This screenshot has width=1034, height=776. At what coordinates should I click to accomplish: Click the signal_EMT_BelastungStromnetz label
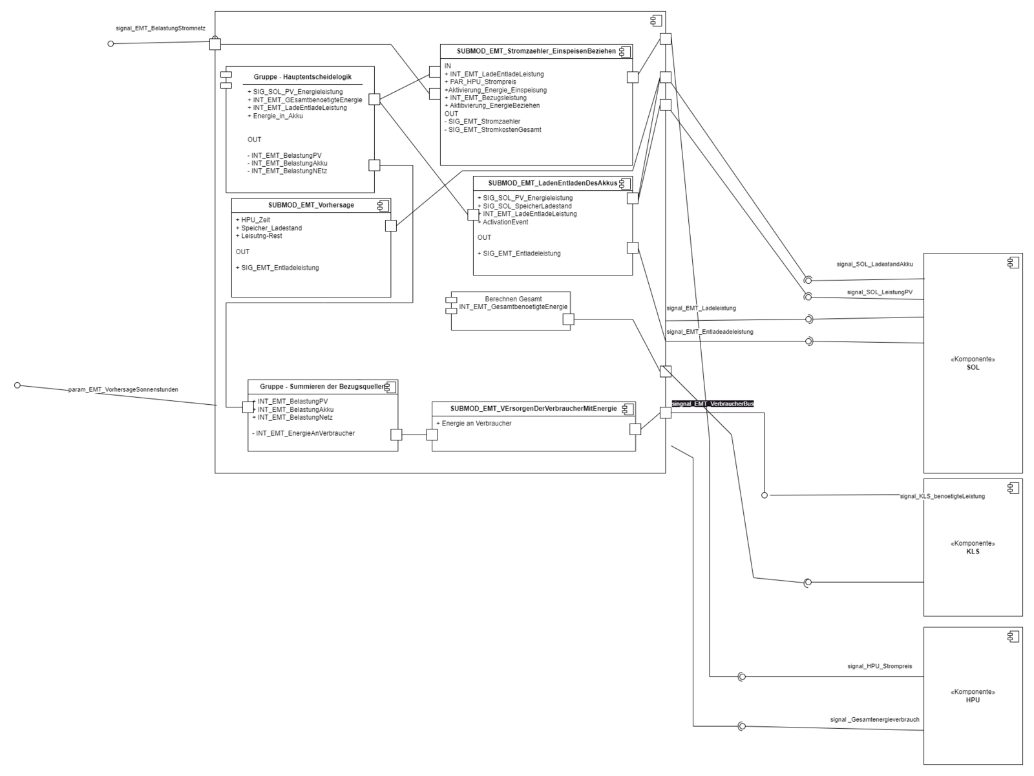pos(160,29)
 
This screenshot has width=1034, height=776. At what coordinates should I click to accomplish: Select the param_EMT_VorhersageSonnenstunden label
pos(123,390)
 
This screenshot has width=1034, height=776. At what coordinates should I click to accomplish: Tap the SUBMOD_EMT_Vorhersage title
pos(311,205)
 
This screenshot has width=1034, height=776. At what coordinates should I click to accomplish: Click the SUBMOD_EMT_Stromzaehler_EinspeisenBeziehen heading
pos(536,51)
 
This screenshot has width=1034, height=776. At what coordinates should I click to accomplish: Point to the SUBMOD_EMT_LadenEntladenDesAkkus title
pos(553,183)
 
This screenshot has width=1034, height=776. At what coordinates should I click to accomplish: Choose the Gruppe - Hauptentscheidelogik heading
pos(302,77)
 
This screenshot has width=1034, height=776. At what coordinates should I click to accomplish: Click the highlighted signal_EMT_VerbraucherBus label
pos(713,404)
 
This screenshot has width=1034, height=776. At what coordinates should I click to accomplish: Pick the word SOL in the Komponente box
pos(973,367)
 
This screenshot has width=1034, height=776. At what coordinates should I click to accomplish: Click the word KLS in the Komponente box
pos(973,552)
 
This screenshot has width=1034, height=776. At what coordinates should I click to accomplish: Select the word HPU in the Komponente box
pos(973,700)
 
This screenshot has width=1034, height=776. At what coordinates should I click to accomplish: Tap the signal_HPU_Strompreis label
pos(880,666)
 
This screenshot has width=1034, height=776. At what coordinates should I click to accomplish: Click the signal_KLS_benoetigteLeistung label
pos(942,496)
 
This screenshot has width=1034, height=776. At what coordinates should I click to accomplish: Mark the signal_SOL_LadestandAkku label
pos(874,264)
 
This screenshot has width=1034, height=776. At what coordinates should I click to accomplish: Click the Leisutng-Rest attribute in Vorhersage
pos(261,236)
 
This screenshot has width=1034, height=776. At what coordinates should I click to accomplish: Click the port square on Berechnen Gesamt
pos(568,319)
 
